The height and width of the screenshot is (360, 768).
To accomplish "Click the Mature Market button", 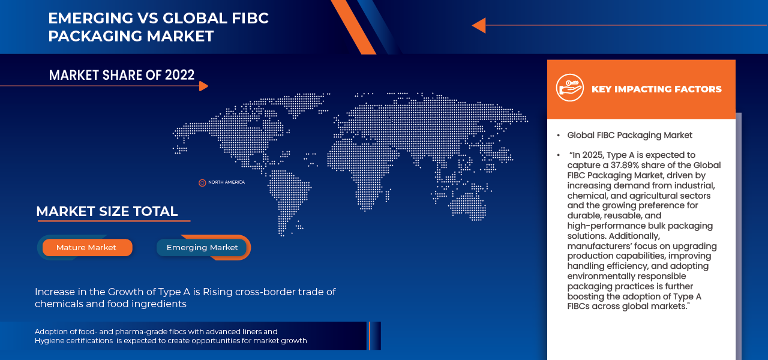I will pos(86,247).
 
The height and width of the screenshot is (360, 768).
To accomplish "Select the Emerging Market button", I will pos(202,247).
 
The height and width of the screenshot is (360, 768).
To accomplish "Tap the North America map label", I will pos(226,182).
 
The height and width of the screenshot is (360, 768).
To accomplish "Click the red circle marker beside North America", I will pos(202,182).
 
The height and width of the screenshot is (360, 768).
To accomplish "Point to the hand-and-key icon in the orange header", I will pos(569,88).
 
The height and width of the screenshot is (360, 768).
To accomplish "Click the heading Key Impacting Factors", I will pos(656,89).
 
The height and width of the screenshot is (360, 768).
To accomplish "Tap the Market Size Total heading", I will pos(107,211).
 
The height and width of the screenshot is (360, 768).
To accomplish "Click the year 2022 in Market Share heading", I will pos(179,75).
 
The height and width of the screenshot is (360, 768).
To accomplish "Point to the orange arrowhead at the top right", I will pos(478,25).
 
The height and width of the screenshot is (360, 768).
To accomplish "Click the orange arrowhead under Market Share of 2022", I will pos(203,86).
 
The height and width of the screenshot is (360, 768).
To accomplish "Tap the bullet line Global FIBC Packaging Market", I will pos(629,135).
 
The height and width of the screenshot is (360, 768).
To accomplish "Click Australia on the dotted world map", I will pos(467,204).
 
